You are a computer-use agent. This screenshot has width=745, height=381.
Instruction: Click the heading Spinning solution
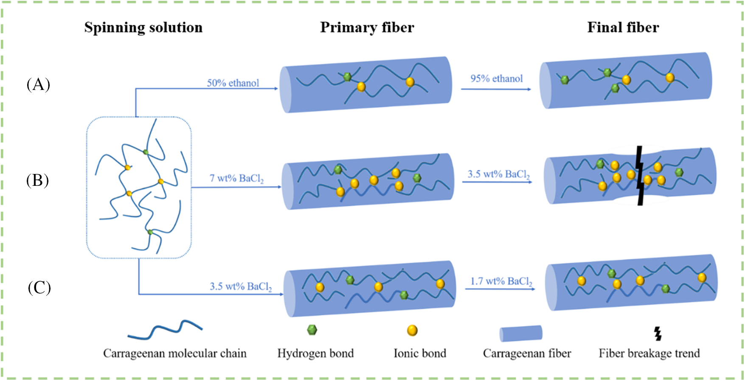pos(143,28)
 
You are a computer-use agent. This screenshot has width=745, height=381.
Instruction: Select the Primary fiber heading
pos(367,28)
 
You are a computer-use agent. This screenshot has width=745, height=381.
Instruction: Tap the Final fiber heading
pos(623,28)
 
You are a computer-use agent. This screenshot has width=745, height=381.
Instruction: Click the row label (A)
pos(38,84)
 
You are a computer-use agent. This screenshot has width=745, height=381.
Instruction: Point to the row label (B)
pos(37,180)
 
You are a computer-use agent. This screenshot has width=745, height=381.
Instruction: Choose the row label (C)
pos(39,288)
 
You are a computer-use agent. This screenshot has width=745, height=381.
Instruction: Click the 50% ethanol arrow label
pos(233,83)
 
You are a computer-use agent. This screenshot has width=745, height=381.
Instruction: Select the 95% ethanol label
pos(496,78)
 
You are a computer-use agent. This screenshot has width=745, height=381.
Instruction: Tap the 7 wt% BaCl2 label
pos(236,179)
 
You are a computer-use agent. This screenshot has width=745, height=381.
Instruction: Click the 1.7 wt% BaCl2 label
pos(501,281)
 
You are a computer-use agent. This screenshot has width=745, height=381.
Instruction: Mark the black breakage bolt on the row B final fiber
pos(640,176)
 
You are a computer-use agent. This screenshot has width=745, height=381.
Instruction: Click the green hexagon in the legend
pos(312,330)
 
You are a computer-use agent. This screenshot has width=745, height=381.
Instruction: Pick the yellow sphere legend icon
pos(412,331)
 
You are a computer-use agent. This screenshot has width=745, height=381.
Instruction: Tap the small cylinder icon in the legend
pos(521,333)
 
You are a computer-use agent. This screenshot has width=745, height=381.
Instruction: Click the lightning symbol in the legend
pos(658,333)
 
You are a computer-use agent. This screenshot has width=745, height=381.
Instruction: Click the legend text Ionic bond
pos(420,353)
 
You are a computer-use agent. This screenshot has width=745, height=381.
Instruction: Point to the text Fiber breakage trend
pos(649,353)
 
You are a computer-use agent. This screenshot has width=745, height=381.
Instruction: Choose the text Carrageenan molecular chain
pos(174,353)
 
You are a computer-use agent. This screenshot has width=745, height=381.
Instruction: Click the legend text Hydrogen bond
pos(315,353)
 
